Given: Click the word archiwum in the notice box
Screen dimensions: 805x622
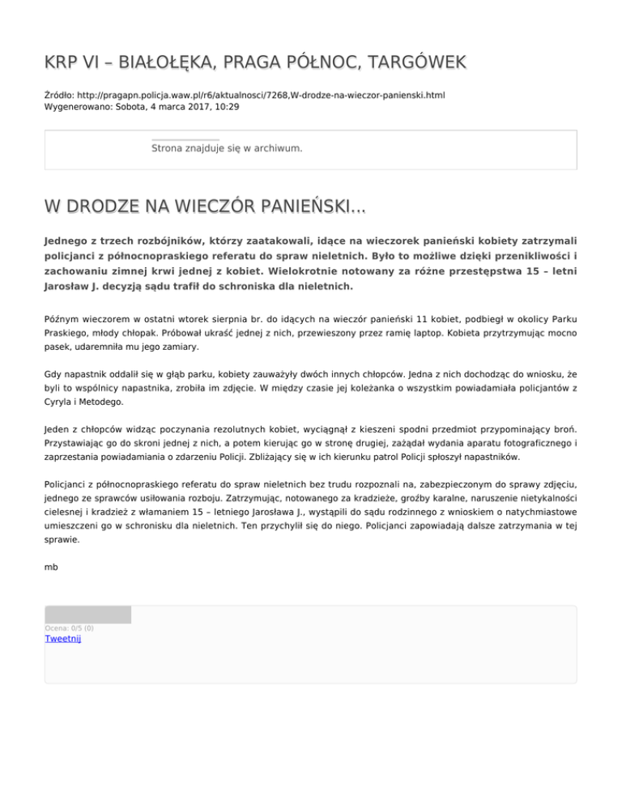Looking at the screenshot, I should click(x=276, y=149).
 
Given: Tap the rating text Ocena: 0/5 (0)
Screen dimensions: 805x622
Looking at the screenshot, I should click(x=69, y=628).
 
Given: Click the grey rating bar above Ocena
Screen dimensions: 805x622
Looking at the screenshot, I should click(x=87, y=615).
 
